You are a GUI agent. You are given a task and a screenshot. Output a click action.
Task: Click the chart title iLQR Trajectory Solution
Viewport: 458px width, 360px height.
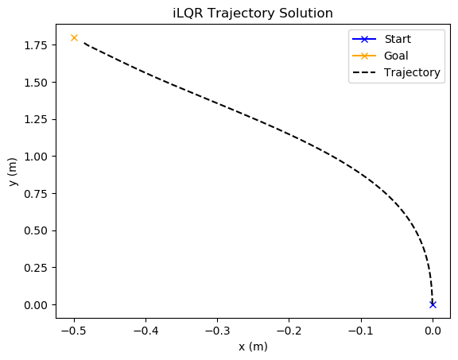(253, 14)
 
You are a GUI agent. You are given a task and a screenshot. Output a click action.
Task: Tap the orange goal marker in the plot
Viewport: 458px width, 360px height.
(75, 37)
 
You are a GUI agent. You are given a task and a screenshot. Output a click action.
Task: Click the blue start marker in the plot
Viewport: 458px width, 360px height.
(433, 304)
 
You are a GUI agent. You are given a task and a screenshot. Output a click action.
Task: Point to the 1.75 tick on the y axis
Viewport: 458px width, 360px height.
(36, 45)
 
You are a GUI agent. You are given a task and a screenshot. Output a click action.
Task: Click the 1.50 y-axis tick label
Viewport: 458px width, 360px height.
(36, 83)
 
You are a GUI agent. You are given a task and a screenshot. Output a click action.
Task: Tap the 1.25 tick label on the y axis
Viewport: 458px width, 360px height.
(36, 119)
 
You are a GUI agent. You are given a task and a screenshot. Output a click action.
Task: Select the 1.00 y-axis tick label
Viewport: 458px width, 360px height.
(36, 157)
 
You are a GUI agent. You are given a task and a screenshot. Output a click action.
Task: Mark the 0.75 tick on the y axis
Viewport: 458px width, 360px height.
(36, 194)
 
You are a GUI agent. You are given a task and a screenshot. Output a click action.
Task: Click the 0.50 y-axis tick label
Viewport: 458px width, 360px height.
(36, 230)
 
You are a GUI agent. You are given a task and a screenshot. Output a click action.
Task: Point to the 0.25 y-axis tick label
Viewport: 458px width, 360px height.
(36, 268)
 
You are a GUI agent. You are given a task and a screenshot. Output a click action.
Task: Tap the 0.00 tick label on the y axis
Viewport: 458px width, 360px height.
(36, 305)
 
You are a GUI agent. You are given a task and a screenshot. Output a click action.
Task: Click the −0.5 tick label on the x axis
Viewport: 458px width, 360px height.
(75, 331)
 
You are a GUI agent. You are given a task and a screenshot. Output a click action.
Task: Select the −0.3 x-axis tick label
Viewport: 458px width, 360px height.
(218, 331)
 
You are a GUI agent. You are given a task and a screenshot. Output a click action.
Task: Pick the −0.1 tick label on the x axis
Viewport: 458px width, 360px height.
(361, 331)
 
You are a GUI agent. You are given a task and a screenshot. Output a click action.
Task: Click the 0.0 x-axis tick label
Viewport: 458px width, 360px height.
(433, 331)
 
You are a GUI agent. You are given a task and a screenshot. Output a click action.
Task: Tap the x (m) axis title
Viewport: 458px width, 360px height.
(253, 346)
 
